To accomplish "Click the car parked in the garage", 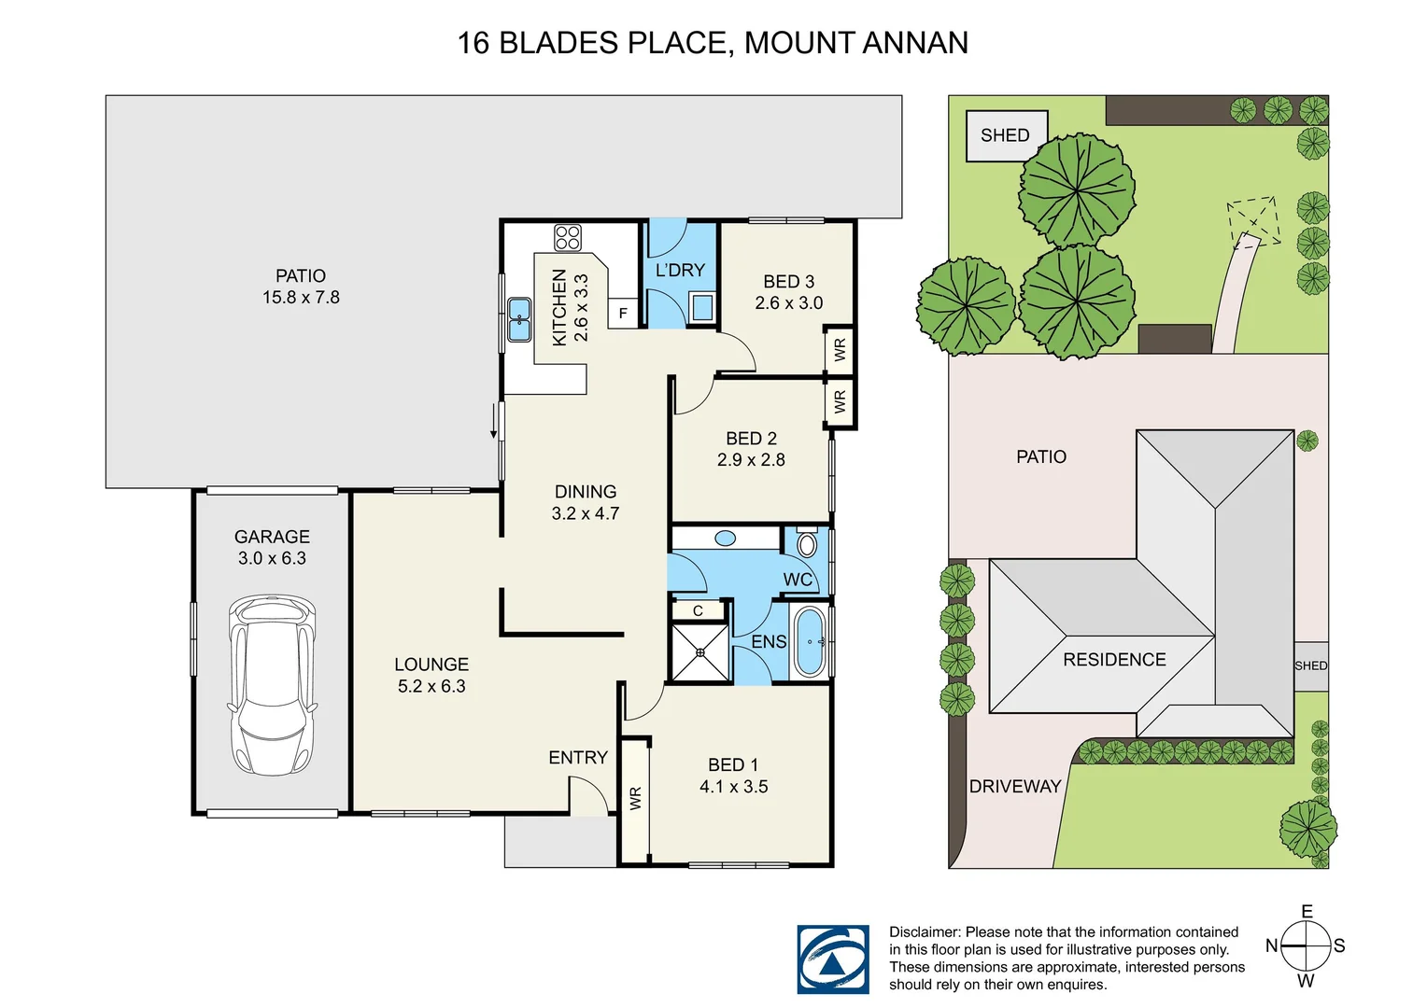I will [272, 685].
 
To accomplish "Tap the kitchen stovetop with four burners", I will [568, 237].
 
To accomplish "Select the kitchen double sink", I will [518, 319].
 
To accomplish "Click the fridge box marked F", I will [623, 314].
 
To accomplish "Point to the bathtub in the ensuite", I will [809, 642].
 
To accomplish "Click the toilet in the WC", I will [807, 543].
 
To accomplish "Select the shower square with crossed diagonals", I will [700, 651].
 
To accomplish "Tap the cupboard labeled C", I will [698, 610].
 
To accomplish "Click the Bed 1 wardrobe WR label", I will [636, 799].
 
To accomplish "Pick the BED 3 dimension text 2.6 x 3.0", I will [789, 303].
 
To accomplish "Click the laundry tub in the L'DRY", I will [701, 306].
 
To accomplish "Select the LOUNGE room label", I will [431, 665].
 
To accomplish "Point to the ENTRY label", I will [578, 758].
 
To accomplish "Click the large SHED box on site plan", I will [1006, 135].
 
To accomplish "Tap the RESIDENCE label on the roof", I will [1114, 660].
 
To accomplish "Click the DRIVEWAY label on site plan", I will [1015, 787].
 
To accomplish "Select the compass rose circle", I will [1305, 945].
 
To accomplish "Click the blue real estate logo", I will [832, 959].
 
